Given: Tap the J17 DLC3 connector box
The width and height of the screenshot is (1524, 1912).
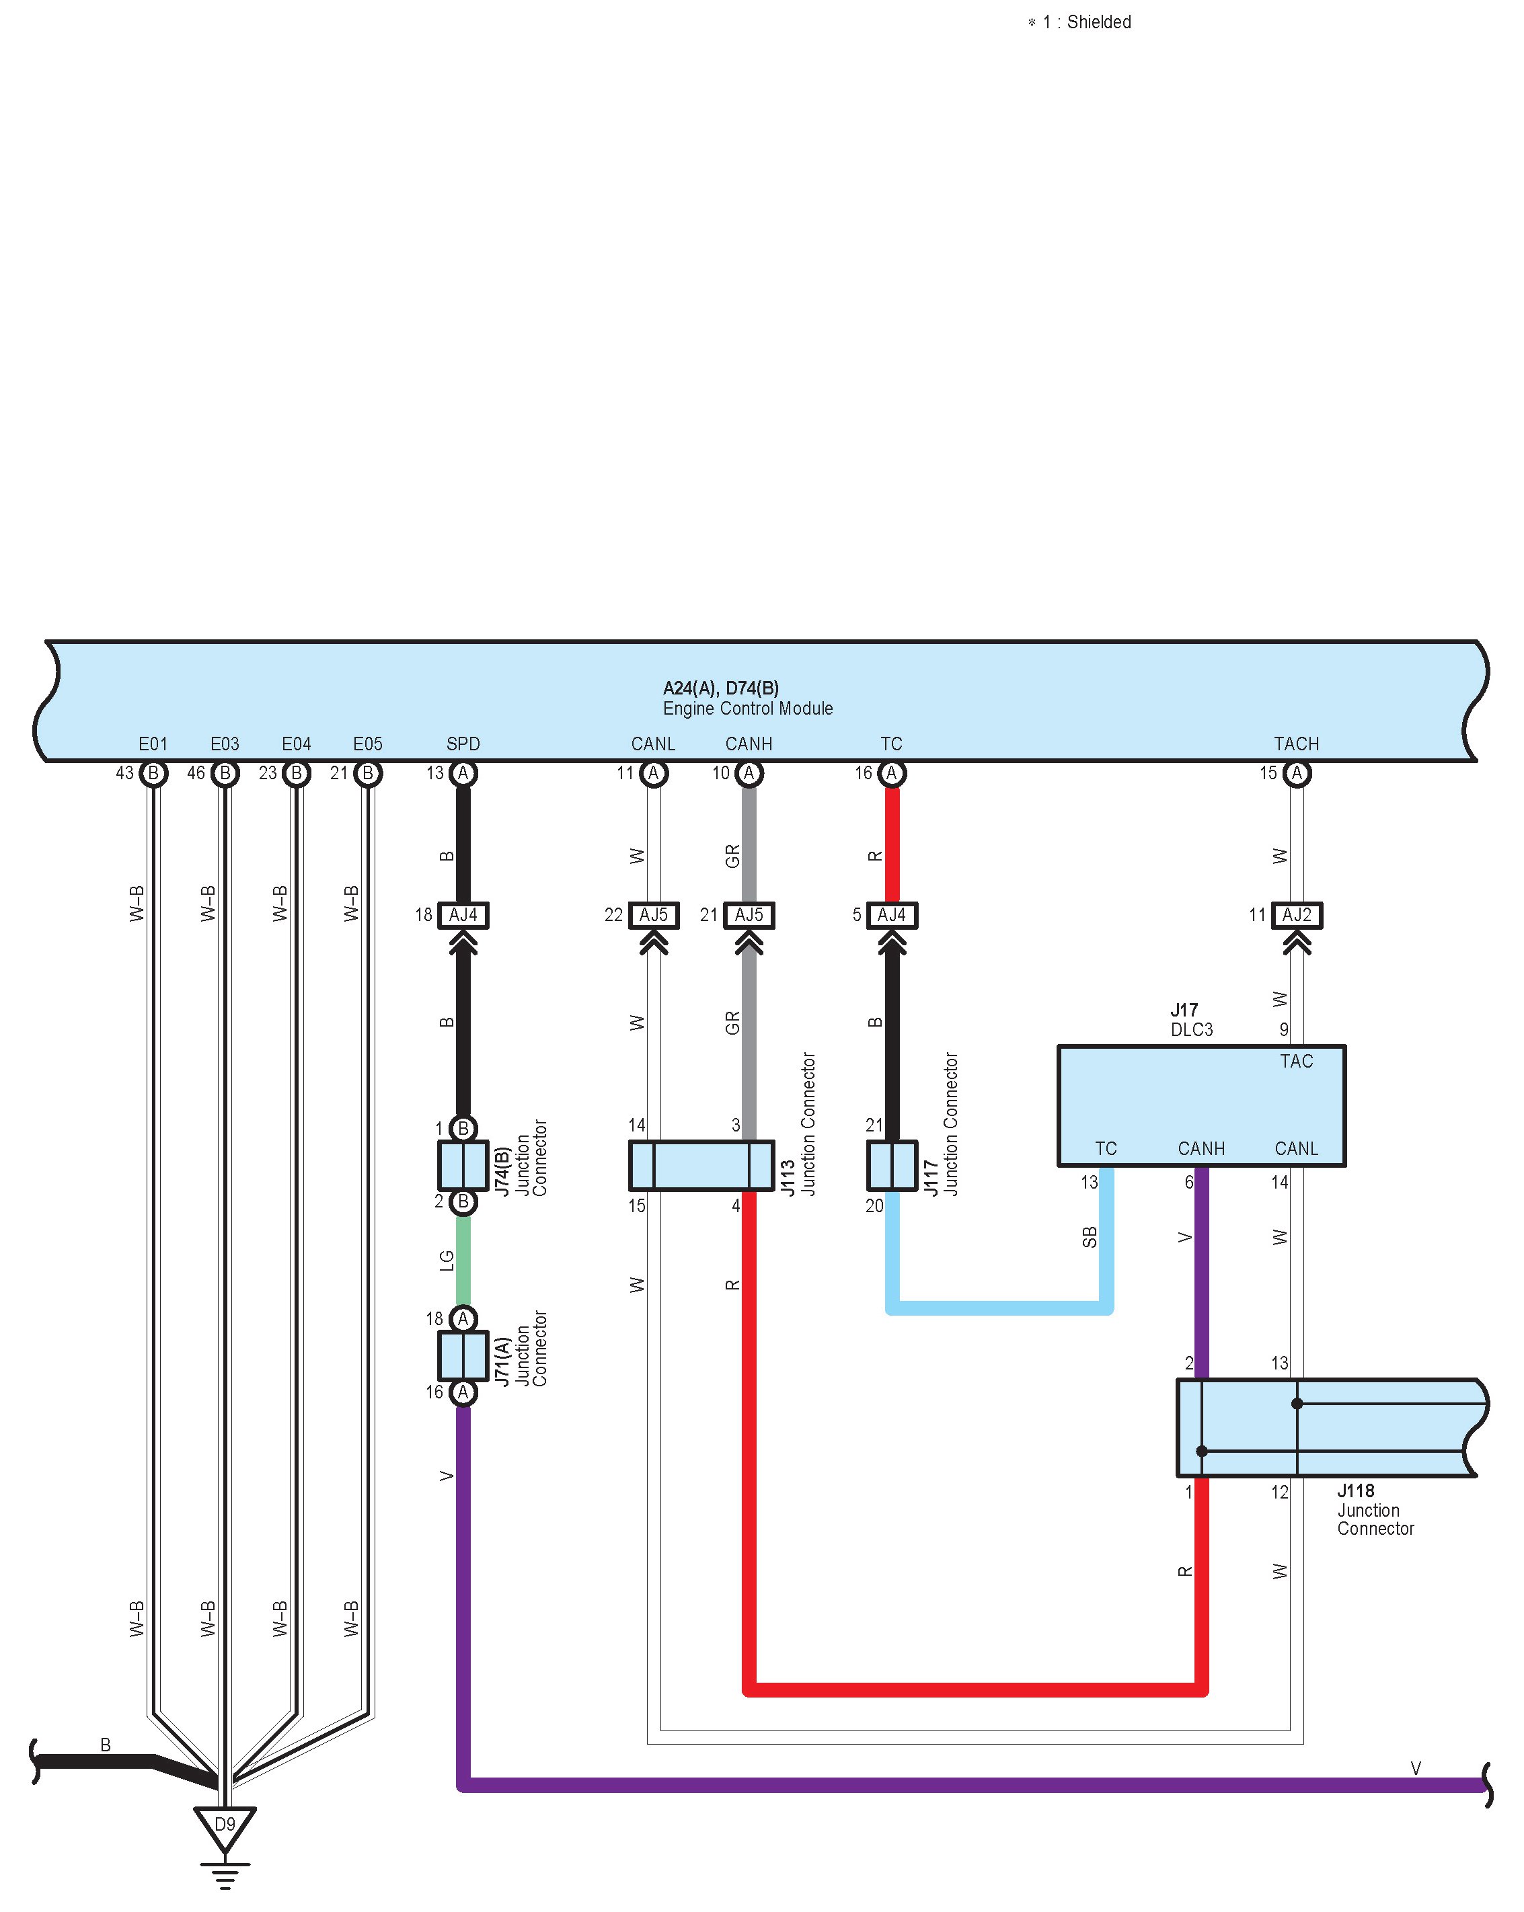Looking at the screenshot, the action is [x=1201, y=1105].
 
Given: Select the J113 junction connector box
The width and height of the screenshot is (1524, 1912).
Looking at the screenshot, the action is [x=701, y=1164].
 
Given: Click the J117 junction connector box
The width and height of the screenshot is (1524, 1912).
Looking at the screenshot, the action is [x=892, y=1164].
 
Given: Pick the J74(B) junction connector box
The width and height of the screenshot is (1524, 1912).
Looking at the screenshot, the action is [x=463, y=1164].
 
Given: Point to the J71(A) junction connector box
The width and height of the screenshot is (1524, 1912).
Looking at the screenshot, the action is [x=463, y=1355].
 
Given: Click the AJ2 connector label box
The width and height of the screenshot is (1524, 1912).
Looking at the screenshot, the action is [x=1297, y=914].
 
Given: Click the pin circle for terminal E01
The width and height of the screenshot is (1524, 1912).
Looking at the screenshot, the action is [x=153, y=773].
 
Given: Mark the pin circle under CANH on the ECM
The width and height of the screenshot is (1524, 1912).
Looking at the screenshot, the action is [x=749, y=773].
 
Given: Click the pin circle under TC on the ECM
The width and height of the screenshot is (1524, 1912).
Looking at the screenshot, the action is [x=892, y=773].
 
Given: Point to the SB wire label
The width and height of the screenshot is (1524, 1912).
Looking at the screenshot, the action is [x=1090, y=1236].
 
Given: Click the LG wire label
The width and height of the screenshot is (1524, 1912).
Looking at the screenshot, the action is [x=446, y=1260].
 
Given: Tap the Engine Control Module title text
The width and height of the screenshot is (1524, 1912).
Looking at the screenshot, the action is [x=748, y=708].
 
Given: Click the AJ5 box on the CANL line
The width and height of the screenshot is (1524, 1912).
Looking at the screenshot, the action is [x=654, y=914].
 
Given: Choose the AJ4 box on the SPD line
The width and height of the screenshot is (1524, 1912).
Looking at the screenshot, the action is [x=463, y=914].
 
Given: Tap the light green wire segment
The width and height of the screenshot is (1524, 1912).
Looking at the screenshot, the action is [x=463, y=1260].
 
